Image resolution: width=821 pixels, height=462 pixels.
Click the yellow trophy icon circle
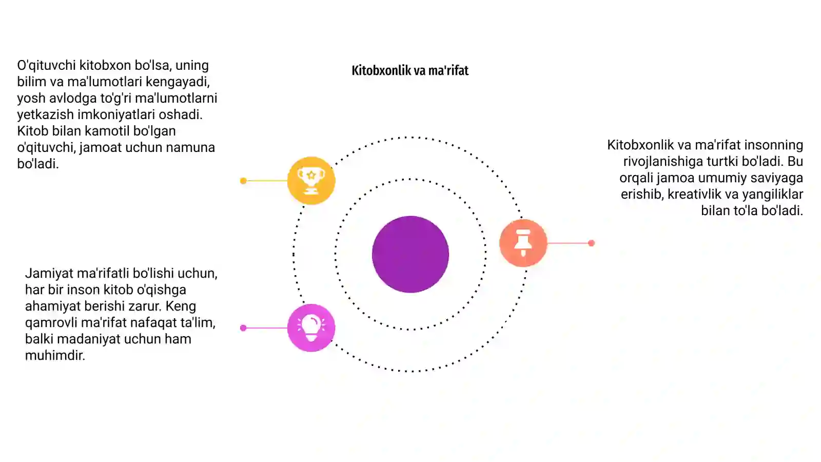pyautogui.click(x=311, y=180)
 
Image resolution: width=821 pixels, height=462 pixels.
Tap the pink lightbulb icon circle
pyautogui.click(x=311, y=328)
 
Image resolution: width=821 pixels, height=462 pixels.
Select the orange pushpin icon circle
pyautogui.click(x=523, y=243)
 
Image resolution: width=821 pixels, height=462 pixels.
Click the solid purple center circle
pyautogui.click(x=411, y=255)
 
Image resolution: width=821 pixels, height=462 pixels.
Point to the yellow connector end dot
pyautogui.click(x=243, y=181)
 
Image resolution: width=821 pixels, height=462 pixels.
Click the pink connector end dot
pyautogui.click(x=243, y=328)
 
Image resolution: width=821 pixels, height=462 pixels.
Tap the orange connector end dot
pyautogui.click(x=591, y=243)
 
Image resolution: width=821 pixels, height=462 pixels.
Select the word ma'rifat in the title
pyautogui.click(x=451, y=70)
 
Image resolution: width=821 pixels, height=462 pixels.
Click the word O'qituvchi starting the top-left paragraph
pyautogui.click(x=46, y=65)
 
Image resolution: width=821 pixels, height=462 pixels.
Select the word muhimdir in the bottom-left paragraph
pyautogui.click(x=55, y=355)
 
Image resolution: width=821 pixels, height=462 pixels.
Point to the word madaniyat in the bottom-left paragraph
pyautogui.click(x=89, y=339)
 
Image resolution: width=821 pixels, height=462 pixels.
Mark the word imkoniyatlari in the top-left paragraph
pyautogui.click(x=116, y=115)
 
